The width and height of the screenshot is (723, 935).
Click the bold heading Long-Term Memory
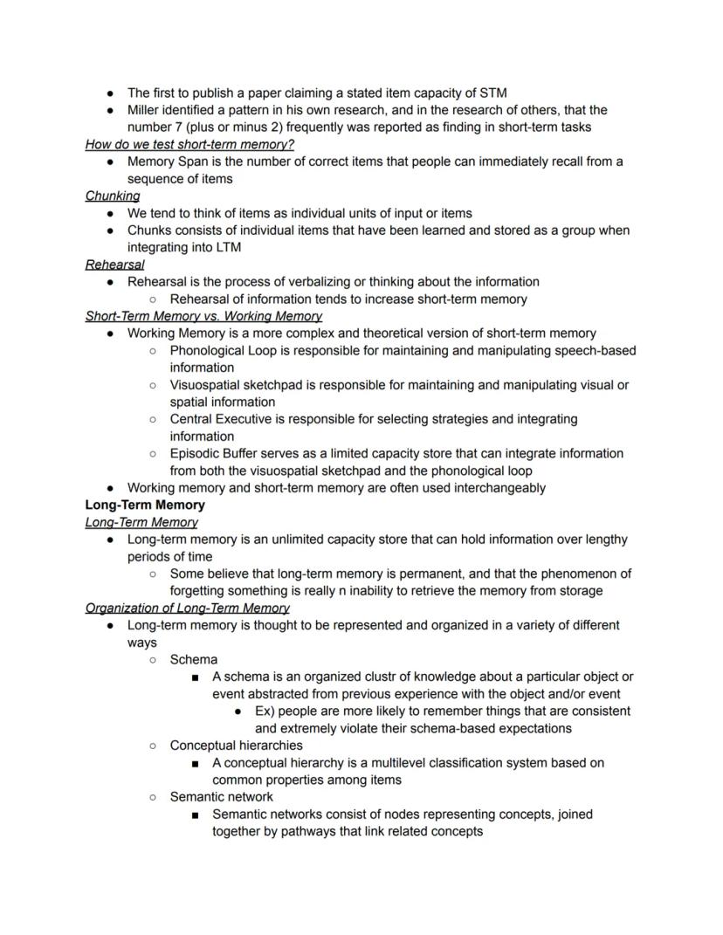[x=145, y=505]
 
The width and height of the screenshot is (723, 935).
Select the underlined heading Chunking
[x=113, y=196]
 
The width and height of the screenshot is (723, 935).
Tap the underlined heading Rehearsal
[x=115, y=265]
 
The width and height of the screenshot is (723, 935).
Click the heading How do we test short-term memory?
[x=189, y=144]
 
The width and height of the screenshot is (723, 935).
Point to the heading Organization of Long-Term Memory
[x=188, y=608]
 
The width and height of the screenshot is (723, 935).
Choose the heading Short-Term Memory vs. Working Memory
[x=203, y=316]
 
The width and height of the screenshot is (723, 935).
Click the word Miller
[x=147, y=110]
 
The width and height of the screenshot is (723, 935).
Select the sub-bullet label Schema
[x=194, y=659]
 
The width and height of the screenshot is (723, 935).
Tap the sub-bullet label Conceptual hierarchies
[x=237, y=746]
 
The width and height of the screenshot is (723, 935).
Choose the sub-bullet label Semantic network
[x=222, y=796]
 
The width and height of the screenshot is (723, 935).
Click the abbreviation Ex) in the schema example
[x=265, y=711]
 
